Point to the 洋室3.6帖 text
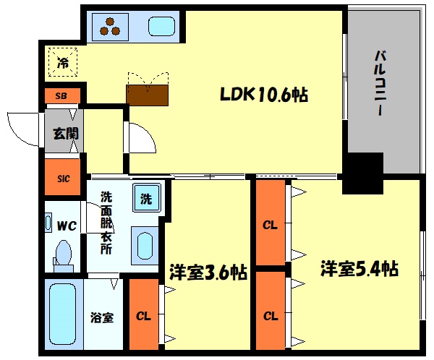pos(208,273)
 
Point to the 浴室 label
pos(101,317)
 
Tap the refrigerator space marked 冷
pos(63,61)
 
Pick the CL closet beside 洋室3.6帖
pos(144,315)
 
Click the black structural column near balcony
pos(361,173)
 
